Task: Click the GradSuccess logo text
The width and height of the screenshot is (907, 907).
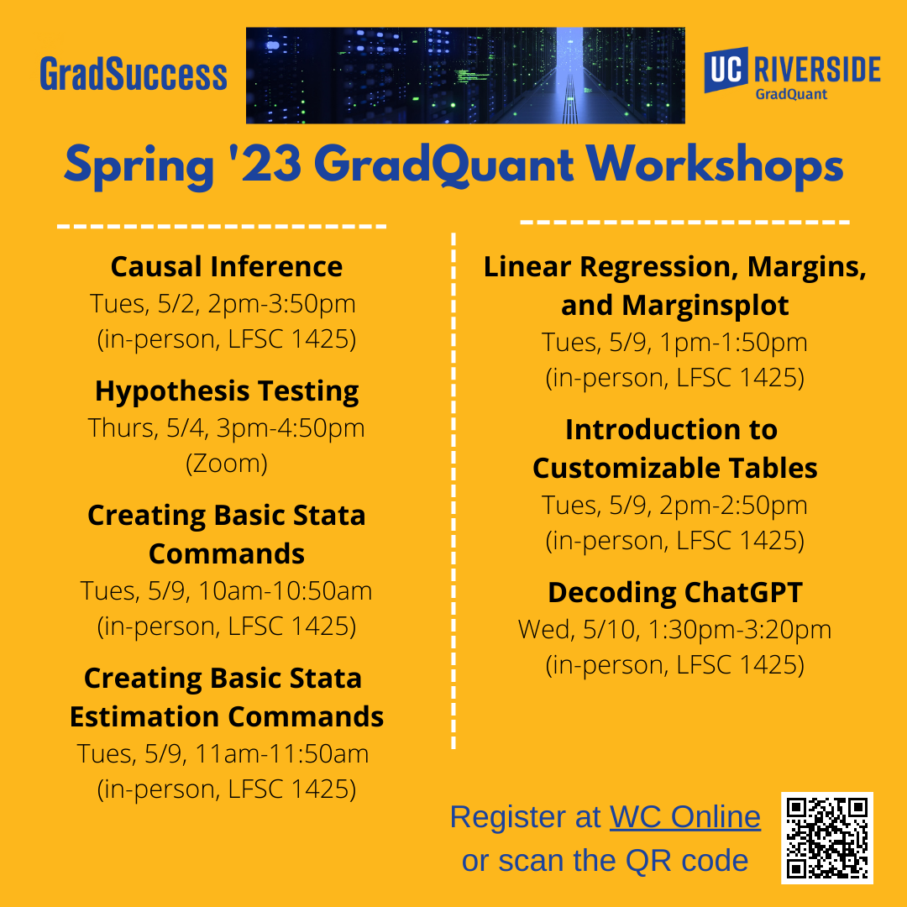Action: (133, 74)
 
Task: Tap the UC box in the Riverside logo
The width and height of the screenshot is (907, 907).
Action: (726, 70)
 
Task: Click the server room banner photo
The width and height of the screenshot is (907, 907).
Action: (465, 76)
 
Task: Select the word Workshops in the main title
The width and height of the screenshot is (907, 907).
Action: (715, 166)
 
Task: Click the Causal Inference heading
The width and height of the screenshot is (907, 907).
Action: (227, 267)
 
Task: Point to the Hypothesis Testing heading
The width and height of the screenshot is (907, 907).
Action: (227, 391)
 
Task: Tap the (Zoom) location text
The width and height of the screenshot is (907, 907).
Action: (227, 464)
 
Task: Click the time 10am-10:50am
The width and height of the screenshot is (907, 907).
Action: (286, 591)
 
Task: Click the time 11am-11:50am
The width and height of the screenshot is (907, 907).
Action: (281, 753)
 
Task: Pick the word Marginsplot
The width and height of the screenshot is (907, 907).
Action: (705, 306)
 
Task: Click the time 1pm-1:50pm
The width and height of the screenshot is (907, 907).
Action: (733, 343)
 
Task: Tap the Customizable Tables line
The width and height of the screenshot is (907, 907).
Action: (675, 468)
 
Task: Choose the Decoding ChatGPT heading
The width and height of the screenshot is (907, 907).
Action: (675, 593)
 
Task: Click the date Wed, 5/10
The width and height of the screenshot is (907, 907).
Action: (579, 630)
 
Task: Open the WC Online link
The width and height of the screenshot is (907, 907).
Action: (685, 817)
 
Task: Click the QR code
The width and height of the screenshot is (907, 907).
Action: (826, 838)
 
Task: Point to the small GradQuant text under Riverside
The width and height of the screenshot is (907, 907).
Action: (791, 94)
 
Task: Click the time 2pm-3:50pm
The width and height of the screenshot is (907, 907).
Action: (281, 304)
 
